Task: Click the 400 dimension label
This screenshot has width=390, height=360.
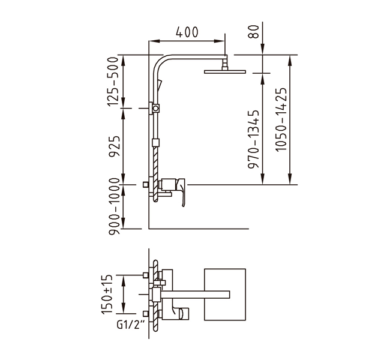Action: (x=187, y=32)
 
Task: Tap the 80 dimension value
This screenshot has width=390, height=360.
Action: (x=254, y=31)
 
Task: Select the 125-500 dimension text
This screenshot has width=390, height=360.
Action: (x=113, y=82)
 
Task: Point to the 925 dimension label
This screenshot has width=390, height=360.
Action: (x=115, y=146)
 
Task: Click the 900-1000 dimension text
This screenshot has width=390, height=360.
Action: (x=115, y=206)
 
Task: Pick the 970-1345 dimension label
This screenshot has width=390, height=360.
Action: (x=254, y=139)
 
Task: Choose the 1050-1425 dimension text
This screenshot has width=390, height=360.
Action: (x=281, y=119)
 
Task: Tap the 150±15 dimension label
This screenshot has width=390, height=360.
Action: (x=107, y=295)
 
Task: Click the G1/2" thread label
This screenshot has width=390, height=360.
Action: (x=131, y=325)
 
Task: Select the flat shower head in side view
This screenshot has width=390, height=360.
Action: (x=225, y=71)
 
